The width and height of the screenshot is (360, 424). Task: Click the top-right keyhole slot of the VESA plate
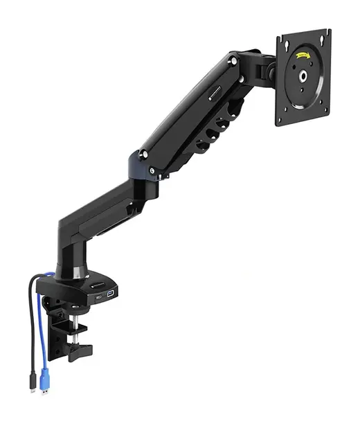pos(323,36)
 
